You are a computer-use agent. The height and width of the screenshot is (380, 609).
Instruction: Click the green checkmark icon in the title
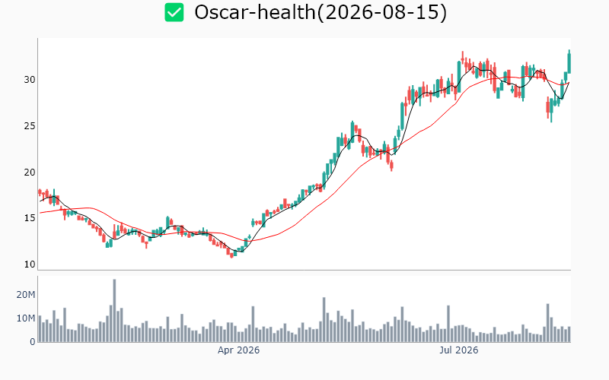click(x=174, y=12)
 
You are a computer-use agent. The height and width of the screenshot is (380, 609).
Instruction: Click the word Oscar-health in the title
click(x=255, y=12)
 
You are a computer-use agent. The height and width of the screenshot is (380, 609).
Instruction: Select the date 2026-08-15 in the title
click(x=382, y=12)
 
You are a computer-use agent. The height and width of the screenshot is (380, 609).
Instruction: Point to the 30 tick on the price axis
click(x=30, y=80)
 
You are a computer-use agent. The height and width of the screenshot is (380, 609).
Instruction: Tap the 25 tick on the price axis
click(x=30, y=126)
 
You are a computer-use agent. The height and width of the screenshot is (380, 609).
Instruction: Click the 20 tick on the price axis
click(x=30, y=173)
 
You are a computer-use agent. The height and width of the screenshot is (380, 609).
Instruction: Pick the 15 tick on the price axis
click(x=30, y=218)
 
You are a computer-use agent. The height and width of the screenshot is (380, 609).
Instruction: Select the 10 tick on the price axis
click(x=30, y=264)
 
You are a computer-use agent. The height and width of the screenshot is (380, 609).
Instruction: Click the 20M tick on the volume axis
click(x=26, y=295)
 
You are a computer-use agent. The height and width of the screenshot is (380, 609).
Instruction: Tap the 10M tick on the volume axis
click(x=26, y=318)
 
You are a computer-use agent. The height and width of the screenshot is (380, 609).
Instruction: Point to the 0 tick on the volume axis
click(x=33, y=342)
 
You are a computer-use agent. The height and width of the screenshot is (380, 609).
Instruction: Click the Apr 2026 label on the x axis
click(x=238, y=350)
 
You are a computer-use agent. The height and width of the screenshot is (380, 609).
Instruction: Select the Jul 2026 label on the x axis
click(x=459, y=350)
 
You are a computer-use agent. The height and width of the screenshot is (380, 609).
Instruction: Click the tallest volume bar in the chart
click(x=115, y=311)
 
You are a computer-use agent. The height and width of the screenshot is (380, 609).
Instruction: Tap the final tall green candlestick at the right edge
click(x=569, y=63)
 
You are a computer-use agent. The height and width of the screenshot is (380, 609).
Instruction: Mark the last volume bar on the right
click(x=569, y=334)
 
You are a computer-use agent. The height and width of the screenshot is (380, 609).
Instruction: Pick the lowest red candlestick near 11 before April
click(x=232, y=255)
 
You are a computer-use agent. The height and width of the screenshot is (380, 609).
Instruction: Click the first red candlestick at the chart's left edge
click(x=40, y=192)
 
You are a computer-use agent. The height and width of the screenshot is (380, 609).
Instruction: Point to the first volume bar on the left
click(x=40, y=329)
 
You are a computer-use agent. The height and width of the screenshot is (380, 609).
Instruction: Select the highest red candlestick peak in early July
click(x=463, y=57)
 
